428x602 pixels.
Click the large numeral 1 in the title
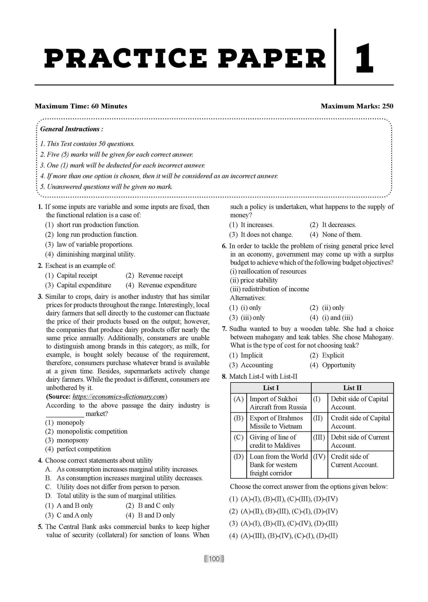pyautogui.click(x=364, y=59)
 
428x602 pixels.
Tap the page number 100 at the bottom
pyautogui.click(x=214, y=559)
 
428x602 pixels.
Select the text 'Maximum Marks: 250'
pyautogui.click(x=357, y=106)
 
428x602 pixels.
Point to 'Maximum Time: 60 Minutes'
pyautogui.click(x=81, y=106)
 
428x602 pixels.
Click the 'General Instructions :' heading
pyautogui.click(x=71, y=129)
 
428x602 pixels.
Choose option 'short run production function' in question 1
pyautogui.click(x=98, y=225)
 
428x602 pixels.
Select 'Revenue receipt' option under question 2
pyautogui.click(x=160, y=275)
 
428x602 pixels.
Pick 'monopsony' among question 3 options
pyautogui.click(x=73, y=440)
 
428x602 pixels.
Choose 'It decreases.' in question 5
pyautogui.click(x=339, y=225)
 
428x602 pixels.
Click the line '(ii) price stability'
pyautogui.click(x=254, y=280)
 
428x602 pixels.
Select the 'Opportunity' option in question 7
pyautogui.click(x=339, y=365)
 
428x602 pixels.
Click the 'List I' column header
pyautogui.click(x=271, y=388)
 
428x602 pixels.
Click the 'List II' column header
pyautogui.click(x=352, y=388)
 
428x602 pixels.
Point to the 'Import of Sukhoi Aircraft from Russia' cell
pyautogui.click(x=278, y=403)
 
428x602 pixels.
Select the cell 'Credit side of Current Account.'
pyautogui.click(x=354, y=461)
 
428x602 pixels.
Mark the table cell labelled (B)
pyautogui.click(x=238, y=418)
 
